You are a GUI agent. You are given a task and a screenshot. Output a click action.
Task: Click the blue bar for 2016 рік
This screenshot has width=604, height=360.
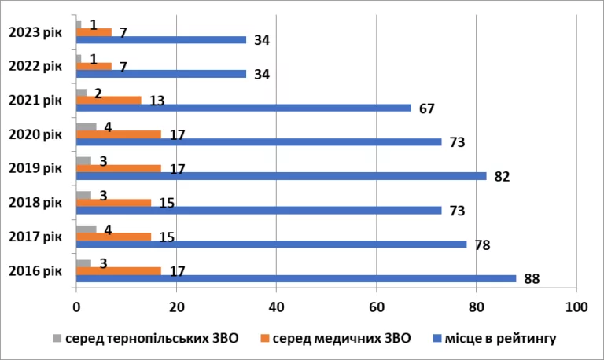(x=296, y=278)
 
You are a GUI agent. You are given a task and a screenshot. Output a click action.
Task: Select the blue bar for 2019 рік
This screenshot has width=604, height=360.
(x=281, y=176)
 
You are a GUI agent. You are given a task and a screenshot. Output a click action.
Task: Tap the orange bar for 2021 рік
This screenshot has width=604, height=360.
(x=109, y=100)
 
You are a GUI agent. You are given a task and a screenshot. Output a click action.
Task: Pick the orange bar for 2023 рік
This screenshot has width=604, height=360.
(x=94, y=32)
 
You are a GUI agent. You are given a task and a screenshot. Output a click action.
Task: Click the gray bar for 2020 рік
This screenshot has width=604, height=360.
(x=86, y=126)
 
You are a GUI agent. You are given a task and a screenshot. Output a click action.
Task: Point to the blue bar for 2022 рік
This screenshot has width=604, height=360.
(x=161, y=74)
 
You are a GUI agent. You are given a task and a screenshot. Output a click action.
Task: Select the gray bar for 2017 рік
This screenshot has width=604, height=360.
(x=86, y=229)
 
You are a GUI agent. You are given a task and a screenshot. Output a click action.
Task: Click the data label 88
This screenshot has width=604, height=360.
(x=532, y=278)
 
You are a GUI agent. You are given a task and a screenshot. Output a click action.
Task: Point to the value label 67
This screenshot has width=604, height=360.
(x=427, y=108)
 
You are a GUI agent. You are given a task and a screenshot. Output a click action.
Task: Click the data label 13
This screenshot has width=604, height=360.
(x=157, y=100)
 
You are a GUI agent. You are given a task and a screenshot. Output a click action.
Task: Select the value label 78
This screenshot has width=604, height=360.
(x=482, y=244)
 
